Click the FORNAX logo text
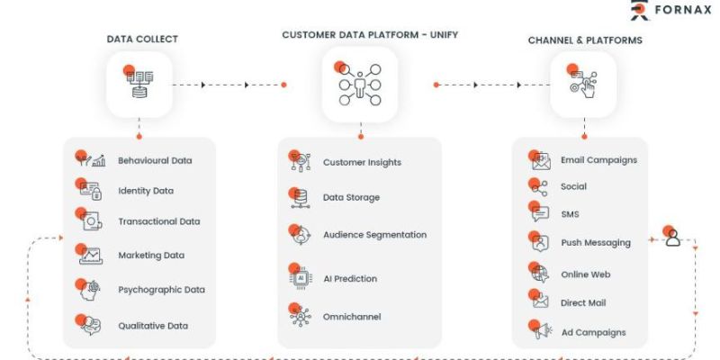click(683, 10)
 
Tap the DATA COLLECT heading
click(142, 39)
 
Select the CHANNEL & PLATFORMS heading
click(585, 40)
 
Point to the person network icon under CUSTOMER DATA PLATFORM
click(359, 83)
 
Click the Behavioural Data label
click(155, 161)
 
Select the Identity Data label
click(146, 191)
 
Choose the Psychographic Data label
click(161, 290)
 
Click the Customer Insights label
click(362, 163)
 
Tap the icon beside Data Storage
click(300, 197)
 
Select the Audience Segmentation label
click(374, 235)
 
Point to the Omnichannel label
click(352, 317)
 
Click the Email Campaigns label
click(598, 160)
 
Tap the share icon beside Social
click(538, 187)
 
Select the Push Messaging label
click(596, 242)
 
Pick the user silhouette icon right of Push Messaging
click(672, 237)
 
